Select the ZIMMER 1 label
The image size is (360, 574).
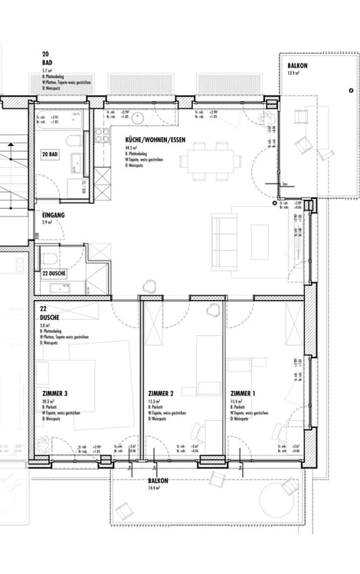(x=244, y=393)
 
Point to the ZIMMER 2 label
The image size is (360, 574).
(x=161, y=393)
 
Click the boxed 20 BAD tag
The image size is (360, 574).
(x=51, y=154)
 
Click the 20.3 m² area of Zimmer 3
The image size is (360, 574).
(x=49, y=401)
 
